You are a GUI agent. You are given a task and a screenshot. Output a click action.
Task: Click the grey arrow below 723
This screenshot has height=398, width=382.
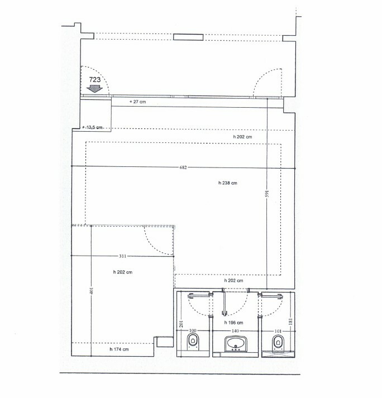(x=94, y=88)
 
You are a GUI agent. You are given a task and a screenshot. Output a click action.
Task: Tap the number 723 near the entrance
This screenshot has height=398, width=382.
(x=95, y=80)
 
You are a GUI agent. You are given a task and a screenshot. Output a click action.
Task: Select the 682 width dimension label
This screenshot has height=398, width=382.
(x=183, y=167)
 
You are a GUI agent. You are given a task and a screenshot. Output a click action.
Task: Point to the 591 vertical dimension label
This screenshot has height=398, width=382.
(x=267, y=193)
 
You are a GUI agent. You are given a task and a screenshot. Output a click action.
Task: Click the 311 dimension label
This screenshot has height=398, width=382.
(x=122, y=256)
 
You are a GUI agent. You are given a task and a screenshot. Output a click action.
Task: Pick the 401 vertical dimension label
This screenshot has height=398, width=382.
(x=92, y=291)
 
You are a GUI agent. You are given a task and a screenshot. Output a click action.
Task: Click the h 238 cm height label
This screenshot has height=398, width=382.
(x=228, y=183)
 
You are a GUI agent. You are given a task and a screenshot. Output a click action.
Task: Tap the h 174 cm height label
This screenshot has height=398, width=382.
(x=119, y=349)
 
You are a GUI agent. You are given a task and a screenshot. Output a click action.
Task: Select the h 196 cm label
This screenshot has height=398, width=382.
(x=233, y=323)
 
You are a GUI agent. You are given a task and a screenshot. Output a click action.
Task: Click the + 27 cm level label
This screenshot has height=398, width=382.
(x=137, y=102)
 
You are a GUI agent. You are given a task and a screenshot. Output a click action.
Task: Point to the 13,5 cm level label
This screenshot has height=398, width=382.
(x=93, y=127)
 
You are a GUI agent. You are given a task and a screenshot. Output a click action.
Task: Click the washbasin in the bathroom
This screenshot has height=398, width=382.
(x=236, y=344)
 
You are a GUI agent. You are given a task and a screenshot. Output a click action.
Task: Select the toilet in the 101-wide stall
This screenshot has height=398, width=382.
(x=278, y=342)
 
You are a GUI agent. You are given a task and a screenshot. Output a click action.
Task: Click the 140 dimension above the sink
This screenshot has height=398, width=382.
(x=235, y=330)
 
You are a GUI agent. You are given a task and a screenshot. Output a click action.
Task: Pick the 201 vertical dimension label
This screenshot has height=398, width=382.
(x=181, y=324)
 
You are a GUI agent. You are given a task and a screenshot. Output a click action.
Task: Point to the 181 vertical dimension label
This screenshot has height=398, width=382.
(x=291, y=322)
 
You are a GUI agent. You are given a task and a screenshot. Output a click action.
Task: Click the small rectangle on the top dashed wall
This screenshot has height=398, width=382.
(x=188, y=37)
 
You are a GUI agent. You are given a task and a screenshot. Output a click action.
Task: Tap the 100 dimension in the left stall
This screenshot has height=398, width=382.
(x=193, y=330)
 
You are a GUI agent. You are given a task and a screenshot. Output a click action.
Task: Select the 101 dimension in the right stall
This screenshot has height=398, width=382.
(x=278, y=331)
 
